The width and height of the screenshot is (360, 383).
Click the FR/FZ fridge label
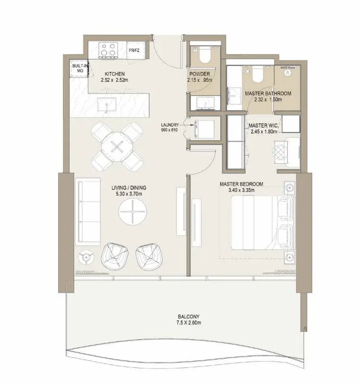[134, 50]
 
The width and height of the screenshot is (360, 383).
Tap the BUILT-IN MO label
[79, 69]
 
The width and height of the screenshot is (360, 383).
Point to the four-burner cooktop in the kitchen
[108, 50]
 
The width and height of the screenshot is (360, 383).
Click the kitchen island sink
[107, 104]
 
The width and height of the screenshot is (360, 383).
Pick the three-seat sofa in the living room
[88, 212]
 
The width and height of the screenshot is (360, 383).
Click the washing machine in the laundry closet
[205, 129]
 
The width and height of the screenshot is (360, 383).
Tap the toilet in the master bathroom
[258, 74]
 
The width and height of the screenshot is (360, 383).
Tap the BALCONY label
[188, 316]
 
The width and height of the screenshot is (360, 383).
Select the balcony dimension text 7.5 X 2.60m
[188, 323]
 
